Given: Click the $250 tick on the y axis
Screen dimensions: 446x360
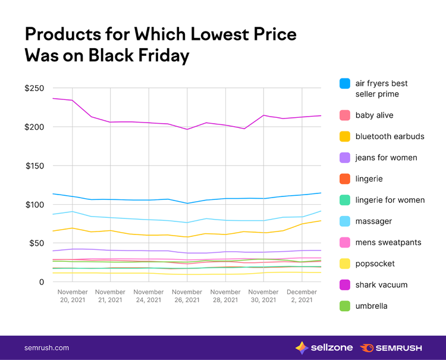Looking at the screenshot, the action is coord(34,88).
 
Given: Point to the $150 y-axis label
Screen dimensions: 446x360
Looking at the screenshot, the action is coord(34,166).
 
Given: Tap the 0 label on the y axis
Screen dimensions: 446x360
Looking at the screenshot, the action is coord(42,282).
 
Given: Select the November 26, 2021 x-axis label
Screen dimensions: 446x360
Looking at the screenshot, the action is coord(187,296).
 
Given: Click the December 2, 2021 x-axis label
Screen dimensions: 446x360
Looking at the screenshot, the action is coord(301,296).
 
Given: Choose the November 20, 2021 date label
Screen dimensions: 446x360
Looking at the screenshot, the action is coord(73,296).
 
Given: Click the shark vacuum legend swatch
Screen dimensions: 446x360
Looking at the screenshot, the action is coord(345,285).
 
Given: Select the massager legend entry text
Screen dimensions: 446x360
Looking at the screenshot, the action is coord(373,221).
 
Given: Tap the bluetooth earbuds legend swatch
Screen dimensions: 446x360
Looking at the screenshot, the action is coord(345,137).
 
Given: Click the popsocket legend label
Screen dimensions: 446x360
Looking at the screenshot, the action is coord(375,264).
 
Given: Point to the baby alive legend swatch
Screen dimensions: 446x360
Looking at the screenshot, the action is coord(345,115).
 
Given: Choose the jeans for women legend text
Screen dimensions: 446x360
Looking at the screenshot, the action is coord(387,158).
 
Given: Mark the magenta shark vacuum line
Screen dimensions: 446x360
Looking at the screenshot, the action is coord(187,129).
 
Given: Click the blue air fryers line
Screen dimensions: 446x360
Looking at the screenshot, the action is coord(187,203).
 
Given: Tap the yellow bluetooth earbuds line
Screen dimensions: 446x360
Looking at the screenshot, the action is coord(187,237).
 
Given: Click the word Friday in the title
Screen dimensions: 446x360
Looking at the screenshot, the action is coord(164,55).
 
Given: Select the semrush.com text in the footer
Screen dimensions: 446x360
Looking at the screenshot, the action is coord(46,348).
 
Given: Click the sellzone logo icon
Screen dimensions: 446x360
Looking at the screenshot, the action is coord(301,348).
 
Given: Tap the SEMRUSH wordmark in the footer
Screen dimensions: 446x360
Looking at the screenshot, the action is coord(398,348).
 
